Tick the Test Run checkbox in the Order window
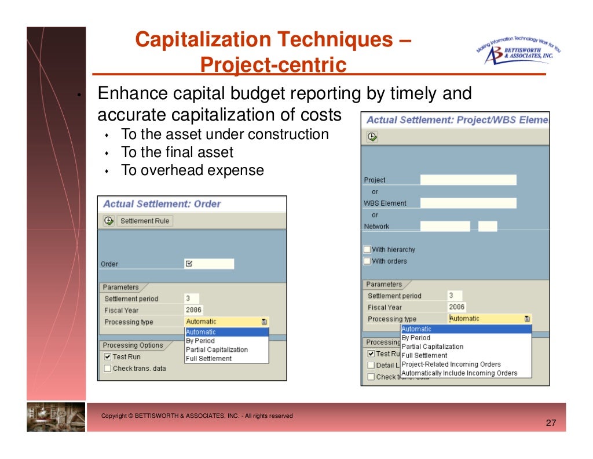pos(108,357)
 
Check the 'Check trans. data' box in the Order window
pos(108,368)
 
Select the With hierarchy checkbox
pos(367,250)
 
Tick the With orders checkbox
pos(367,261)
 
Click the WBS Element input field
pos(468,203)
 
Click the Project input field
pos(468,180)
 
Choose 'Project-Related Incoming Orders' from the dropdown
pos(451,365)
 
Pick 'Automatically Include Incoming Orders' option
pos(459,373)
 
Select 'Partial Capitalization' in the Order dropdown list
pos(217,350)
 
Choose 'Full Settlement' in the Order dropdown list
pos(208,359)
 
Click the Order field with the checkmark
pos(209,264)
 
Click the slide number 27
pos(551,424)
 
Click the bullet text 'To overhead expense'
pos(192,170)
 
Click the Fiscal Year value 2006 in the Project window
pos(457,307)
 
